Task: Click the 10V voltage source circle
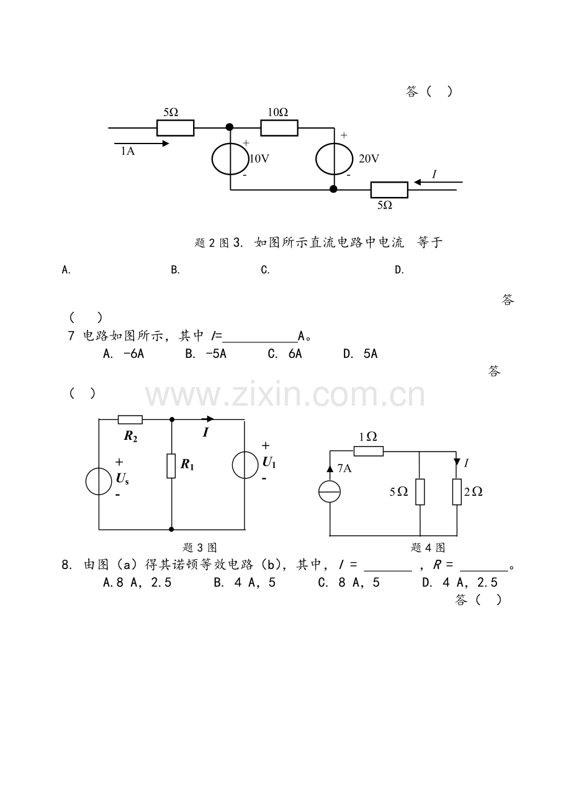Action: [212, 159]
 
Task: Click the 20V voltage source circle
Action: [316, 159]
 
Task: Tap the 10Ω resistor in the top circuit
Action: [279, 127]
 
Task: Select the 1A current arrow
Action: [142, 144]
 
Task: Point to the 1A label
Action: [127, 151]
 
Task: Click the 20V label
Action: [369, 159]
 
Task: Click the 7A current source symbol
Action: [330, 491]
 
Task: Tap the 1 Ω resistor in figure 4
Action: [368, 451]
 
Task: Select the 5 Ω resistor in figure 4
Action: [420, 491]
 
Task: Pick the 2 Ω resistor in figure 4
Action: [457, 491]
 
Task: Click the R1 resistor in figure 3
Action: [171, 466]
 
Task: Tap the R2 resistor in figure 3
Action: [130, 420]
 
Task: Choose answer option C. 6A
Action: [285, 354]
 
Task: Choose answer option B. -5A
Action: [205, 354]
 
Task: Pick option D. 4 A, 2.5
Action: [460, 582]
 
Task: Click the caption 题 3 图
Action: [199, 547]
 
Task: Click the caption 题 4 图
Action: [428, 547]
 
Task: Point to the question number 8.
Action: [66, 565]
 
